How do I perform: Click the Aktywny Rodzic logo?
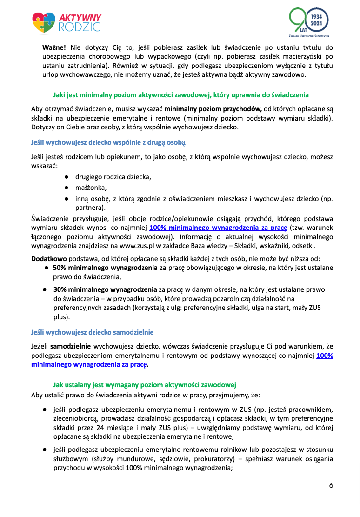[x=67, y=22]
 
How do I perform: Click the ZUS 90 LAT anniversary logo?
[x=308, y=23]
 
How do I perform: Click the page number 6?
[x=331, y=486]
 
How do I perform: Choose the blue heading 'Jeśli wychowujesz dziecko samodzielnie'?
[x=92, y=333]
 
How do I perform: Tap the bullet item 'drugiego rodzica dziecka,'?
[x=113, y=177]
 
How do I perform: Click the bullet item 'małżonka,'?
[x=91, y=188]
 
